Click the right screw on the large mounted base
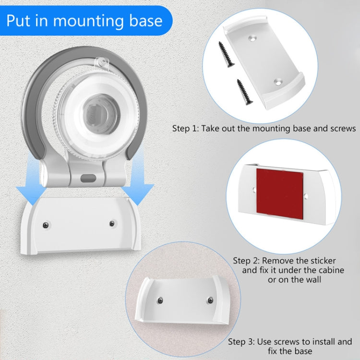point(112,223)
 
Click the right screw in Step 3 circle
point(209,300)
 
